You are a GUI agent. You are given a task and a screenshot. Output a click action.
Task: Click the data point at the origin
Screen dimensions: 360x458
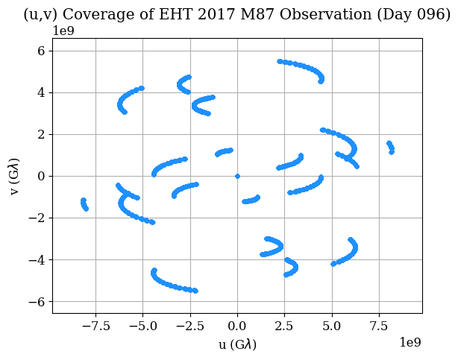237,176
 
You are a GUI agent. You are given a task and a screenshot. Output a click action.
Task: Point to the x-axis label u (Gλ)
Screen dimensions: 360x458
237,344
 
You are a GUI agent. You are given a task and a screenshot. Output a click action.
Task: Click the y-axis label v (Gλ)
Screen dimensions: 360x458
16,176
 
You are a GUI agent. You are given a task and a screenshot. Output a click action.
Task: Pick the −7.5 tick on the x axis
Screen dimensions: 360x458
95,325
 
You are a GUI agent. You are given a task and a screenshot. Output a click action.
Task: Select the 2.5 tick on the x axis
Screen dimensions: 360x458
285,325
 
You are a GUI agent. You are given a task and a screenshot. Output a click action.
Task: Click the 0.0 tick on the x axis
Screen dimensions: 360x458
237,325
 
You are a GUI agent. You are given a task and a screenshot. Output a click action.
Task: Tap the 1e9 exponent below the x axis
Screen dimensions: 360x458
409,342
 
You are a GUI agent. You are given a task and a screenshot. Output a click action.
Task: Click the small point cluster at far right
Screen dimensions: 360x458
390,147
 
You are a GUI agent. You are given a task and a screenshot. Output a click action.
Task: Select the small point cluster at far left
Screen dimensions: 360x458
84,203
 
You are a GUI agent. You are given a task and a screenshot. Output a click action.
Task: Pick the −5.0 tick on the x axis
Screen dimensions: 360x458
142,325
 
